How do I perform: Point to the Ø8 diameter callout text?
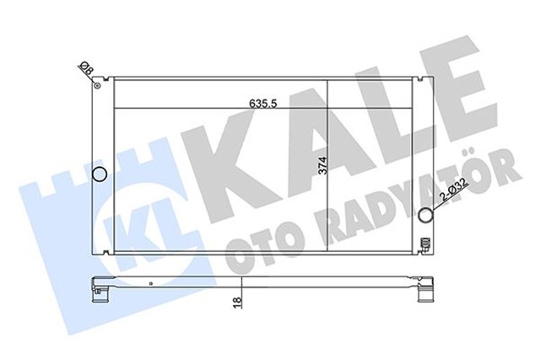coord(84,68)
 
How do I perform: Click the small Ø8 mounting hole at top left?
coord(99,83)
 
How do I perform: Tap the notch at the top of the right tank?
coord(418,79)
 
